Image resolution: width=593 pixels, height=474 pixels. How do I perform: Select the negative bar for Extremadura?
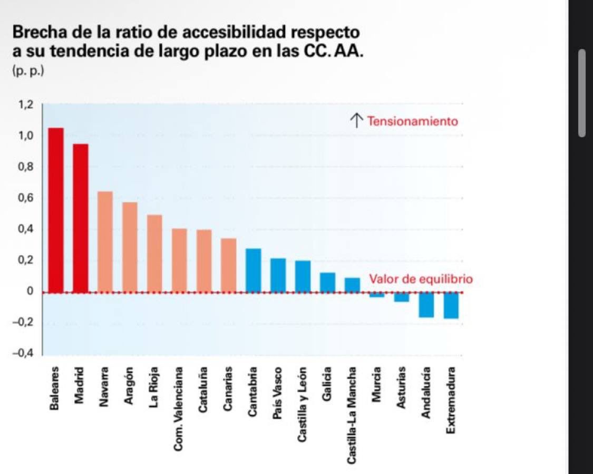(x=451, y=305)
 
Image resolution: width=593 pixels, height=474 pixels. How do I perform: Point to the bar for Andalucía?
(x=426, y=305)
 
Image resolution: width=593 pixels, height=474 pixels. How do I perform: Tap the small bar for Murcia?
(x=377, y=295)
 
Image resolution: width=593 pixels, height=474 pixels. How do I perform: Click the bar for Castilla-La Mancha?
(x=352, y=285)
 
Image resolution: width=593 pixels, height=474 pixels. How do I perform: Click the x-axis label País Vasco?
(x=279, y=393)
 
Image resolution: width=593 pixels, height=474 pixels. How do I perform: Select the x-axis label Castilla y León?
(x=303, y=404)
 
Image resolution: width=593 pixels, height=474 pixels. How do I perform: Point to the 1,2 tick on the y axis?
(x=26, y=104)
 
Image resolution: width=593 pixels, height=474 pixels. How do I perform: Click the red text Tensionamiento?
(x=413, y=121)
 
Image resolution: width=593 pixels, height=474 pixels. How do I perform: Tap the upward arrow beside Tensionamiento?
(x=357, y=121)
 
